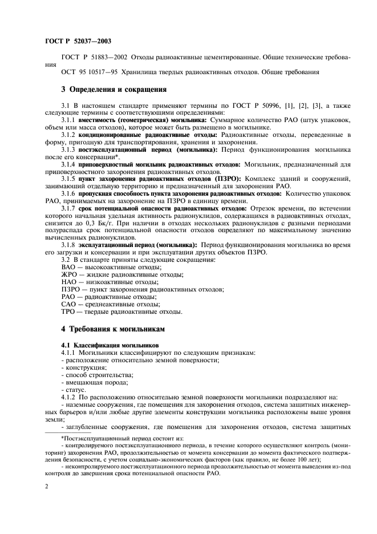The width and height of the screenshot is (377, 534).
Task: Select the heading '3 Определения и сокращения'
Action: [x=113, y=89]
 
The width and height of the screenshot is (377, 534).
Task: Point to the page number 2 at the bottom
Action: [x=46, y=486]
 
